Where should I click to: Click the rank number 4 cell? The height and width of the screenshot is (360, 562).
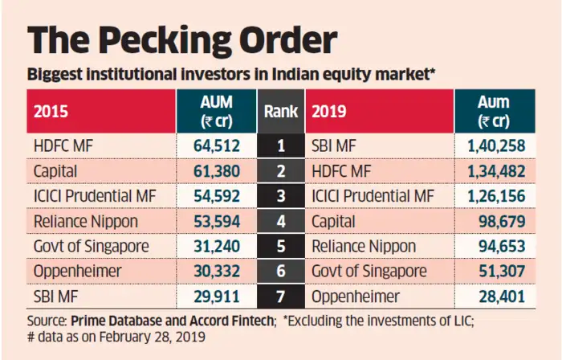pyautogui.click(x=281, y=222)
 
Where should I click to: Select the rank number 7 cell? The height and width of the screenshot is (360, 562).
pyautogui.click(x=281, y=297)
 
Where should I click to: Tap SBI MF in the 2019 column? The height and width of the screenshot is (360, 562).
pyautogui.click(x=337, y=147)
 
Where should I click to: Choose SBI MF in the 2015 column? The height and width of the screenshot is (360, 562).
pyautogui.click(x=56, y=297)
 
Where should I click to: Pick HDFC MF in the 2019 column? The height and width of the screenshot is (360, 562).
pyautogui.click(x=341, y=172)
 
